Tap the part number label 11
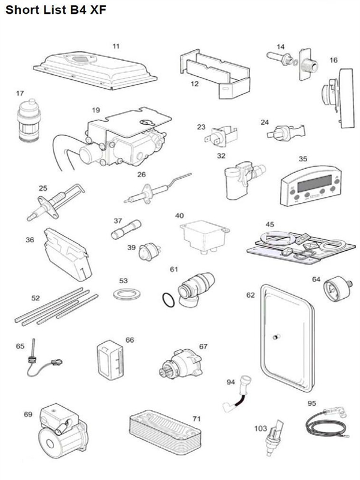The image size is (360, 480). tap(116, 45)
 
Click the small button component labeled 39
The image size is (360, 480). tap(148, 251)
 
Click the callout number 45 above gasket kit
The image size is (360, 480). tap(270, 225)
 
